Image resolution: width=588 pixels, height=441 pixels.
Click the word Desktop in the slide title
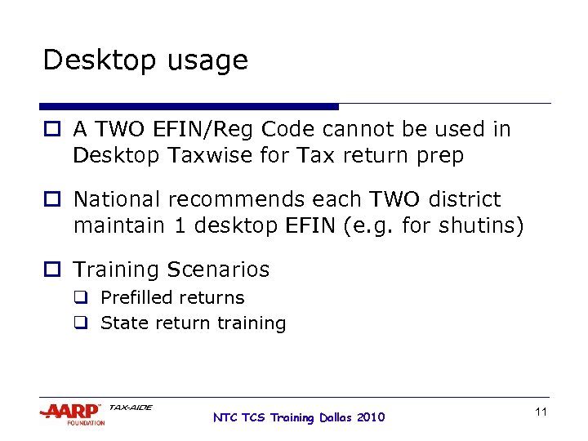click(91, 61)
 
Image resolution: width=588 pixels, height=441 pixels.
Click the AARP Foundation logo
click(72, 413)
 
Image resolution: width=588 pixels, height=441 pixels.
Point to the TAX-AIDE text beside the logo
click(131, 407)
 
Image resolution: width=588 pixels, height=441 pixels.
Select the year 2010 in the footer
click(370, 417)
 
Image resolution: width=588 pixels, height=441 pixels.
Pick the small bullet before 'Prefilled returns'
click(82, 298)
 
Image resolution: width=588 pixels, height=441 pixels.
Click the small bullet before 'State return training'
click(82, 323)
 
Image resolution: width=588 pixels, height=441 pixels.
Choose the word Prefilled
click(135, 297)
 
